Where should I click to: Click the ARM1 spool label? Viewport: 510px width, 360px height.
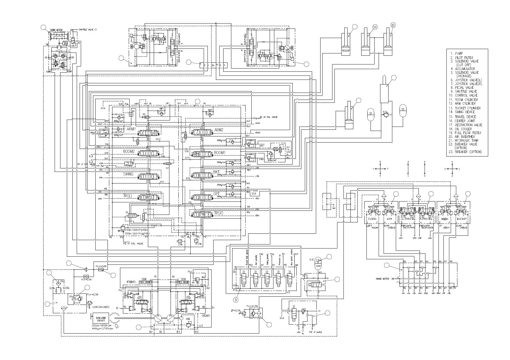point(131,129)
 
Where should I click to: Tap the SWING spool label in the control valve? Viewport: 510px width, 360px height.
point(128,174)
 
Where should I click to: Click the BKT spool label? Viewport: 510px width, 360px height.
point(216,172)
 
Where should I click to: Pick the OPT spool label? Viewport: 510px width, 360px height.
point(217,194)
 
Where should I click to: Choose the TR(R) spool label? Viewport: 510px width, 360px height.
point(218,213)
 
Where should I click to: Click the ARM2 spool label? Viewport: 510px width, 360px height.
point(219,129)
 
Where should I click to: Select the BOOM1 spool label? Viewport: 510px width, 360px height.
point(220,152)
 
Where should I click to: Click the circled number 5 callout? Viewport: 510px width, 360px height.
point(236,299)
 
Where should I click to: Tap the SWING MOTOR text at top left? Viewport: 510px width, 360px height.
point(56,30)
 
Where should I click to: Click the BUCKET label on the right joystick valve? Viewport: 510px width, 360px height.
point(461,219)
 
